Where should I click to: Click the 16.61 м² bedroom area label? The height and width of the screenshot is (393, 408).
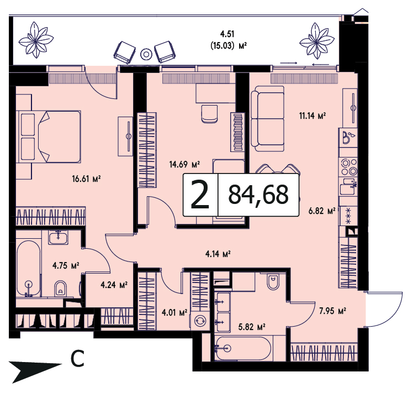point(86,179)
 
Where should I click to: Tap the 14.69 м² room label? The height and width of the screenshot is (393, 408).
point(184,164)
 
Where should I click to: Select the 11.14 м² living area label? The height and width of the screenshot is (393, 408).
point(312,116)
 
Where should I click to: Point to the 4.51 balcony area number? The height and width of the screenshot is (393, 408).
point(227,34)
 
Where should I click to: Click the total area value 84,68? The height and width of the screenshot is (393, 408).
point(258,195)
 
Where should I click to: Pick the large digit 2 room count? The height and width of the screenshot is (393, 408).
point(200,195)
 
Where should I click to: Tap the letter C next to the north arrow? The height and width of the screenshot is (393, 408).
point(77,359)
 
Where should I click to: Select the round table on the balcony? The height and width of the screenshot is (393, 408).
point(146,54)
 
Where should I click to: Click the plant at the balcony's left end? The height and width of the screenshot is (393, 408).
point(36,40)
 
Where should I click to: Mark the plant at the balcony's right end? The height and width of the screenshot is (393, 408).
point(317,41)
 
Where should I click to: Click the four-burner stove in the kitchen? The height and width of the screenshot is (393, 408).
point(349,167)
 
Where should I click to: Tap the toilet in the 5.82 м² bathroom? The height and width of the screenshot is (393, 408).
point(273,281)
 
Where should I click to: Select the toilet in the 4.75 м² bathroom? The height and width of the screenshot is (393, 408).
point(61,289)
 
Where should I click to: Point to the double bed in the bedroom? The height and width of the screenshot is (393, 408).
point(49,137)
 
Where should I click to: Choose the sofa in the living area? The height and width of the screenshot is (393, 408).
point(267,119)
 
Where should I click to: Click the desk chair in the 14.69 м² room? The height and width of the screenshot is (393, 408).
point(209,114)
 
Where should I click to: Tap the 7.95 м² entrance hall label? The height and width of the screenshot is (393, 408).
point(332,311)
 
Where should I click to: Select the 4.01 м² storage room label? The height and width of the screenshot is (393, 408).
point(174,312)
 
